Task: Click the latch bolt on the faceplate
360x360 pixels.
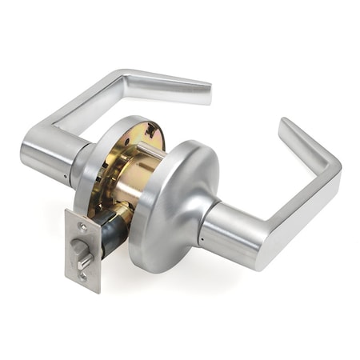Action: [82, 254]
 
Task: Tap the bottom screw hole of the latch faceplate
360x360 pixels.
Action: [85, 276]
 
